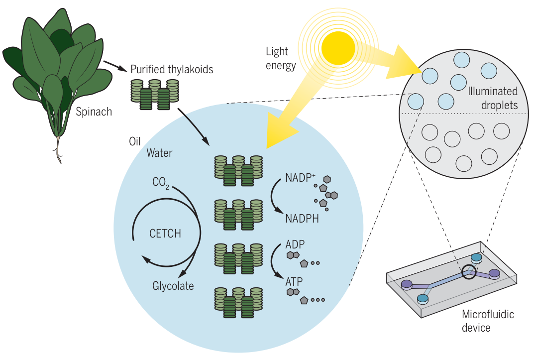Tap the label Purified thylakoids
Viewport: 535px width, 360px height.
tap(172, 69)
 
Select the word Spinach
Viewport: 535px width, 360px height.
tap(94, 112)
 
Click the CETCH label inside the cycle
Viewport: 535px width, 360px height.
tap(165, 234)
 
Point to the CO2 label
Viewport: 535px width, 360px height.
tap(161, 183)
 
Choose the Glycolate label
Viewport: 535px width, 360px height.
tap(173, 286)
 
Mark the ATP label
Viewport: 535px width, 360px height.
tap(294, 281)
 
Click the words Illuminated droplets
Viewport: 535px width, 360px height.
tap(493, 98)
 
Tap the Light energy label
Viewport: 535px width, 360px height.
tap(281, 58)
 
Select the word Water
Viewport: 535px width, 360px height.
tap(159, 153)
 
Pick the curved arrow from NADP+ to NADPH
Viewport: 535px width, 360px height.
tap(273, 197)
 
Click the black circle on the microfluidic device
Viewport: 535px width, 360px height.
tap(468, 272)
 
